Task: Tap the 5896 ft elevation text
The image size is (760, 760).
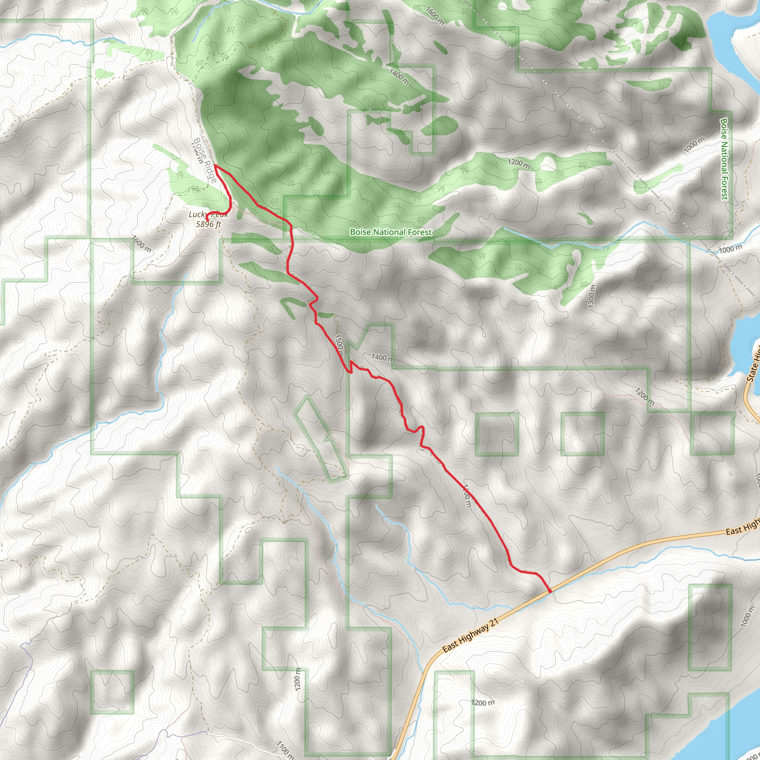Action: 209,224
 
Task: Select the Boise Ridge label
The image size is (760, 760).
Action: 205,160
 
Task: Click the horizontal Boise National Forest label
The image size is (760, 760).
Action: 391,232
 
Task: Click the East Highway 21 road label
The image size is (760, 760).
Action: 471,635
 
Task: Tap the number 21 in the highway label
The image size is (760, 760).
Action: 494,622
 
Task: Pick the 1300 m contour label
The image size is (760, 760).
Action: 592,296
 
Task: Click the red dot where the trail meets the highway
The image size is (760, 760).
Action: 550,590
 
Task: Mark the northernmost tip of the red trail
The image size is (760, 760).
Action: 215,165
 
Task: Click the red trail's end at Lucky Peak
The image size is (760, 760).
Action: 207,218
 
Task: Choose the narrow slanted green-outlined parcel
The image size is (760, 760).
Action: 320,437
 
